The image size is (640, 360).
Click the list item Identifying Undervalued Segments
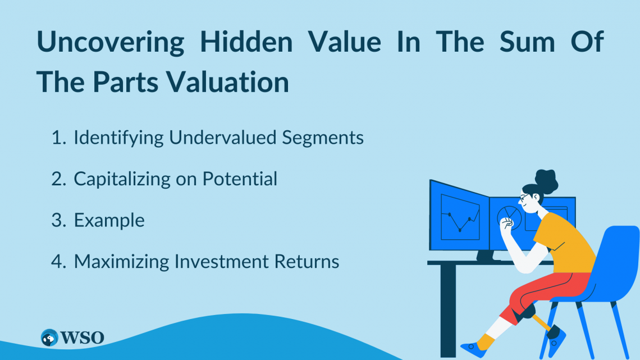point(218,138)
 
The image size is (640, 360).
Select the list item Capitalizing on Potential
point(175,179)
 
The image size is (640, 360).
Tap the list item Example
point(109,220)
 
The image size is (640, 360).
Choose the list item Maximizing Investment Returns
point(206,262)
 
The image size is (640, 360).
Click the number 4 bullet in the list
point(58,262)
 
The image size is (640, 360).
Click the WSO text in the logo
point(83,338)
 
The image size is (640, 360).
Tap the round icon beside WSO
point(50,338)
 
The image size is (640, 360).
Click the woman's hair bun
point(546,179)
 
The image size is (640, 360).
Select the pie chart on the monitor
point(508,217)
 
